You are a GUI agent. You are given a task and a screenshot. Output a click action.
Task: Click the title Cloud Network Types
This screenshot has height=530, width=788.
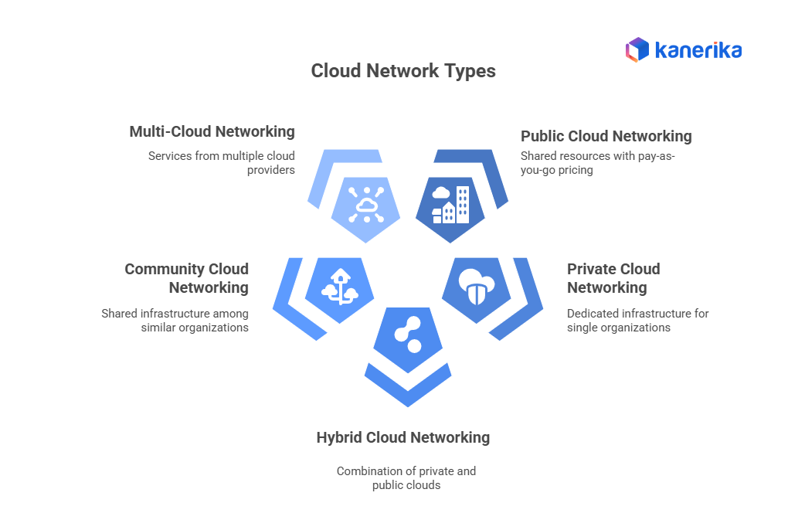(x=402, y=71)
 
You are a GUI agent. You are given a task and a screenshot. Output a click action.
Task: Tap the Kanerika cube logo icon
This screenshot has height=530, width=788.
(x=637, y=50)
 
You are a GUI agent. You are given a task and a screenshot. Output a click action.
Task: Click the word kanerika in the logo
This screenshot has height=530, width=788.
(x=698, y=51)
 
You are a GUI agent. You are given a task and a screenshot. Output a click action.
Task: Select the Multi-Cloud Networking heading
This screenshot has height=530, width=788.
(x=212, y=131)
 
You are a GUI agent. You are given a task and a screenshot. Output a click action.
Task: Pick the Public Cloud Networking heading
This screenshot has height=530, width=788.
(x=606, y=136)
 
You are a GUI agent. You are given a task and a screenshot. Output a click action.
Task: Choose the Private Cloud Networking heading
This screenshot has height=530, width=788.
(x=613, y=278)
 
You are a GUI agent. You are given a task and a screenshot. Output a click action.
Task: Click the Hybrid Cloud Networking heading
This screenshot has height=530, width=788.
(x=402, y=437)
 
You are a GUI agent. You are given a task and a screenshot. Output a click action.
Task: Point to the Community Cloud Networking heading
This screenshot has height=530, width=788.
(x=186, y=278)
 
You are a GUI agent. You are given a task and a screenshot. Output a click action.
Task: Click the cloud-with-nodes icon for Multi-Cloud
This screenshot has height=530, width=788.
(x=365, y=205)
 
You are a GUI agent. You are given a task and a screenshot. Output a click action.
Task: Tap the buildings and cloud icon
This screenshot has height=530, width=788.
(x=450, y=205)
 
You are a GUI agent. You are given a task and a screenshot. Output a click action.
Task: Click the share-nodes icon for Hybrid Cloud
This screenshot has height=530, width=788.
(x=407, y=334)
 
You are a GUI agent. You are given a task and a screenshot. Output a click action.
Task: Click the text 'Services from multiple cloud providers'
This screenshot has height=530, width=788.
(x=222, y=162)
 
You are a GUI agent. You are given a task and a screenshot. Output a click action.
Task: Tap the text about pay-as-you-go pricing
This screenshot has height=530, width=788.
(x=597, y=162)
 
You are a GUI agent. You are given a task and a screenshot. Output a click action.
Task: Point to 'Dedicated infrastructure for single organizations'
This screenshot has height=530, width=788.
(x=637, y=320)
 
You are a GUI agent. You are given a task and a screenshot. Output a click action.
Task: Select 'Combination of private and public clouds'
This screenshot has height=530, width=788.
(x=406, y=477)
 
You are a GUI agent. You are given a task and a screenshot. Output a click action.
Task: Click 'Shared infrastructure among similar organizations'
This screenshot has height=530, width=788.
(x=175, y=320)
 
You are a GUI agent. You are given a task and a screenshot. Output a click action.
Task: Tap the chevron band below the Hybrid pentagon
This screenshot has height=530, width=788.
(x=407, y=386)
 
